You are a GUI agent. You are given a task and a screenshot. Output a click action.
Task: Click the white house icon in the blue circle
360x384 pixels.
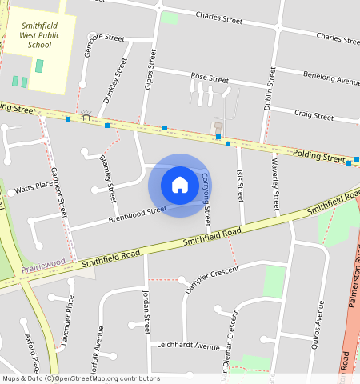pos(180,185)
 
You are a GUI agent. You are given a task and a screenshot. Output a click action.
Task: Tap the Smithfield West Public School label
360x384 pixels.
pos(39,36)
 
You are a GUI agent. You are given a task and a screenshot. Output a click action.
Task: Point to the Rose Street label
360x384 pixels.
pos(210,79)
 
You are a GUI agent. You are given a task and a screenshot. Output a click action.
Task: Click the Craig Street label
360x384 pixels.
pos(314,116)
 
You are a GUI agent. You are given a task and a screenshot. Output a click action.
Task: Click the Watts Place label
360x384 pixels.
pos(34,185)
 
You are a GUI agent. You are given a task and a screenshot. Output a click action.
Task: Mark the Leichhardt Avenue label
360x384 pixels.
pos(188,347)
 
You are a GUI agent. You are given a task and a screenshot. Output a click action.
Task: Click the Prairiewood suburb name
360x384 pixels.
pos(42,263)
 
